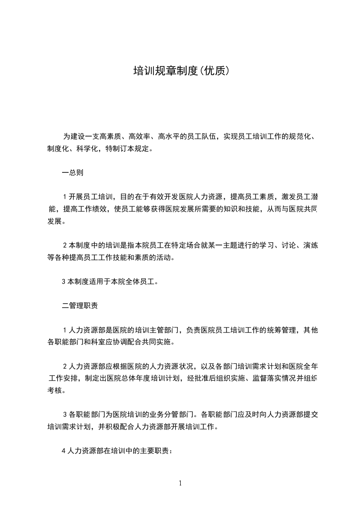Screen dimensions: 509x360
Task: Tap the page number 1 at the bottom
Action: click(180, 483)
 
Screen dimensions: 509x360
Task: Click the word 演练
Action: click(308, 245)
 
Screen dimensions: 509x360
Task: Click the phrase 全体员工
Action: click(140, 281)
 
